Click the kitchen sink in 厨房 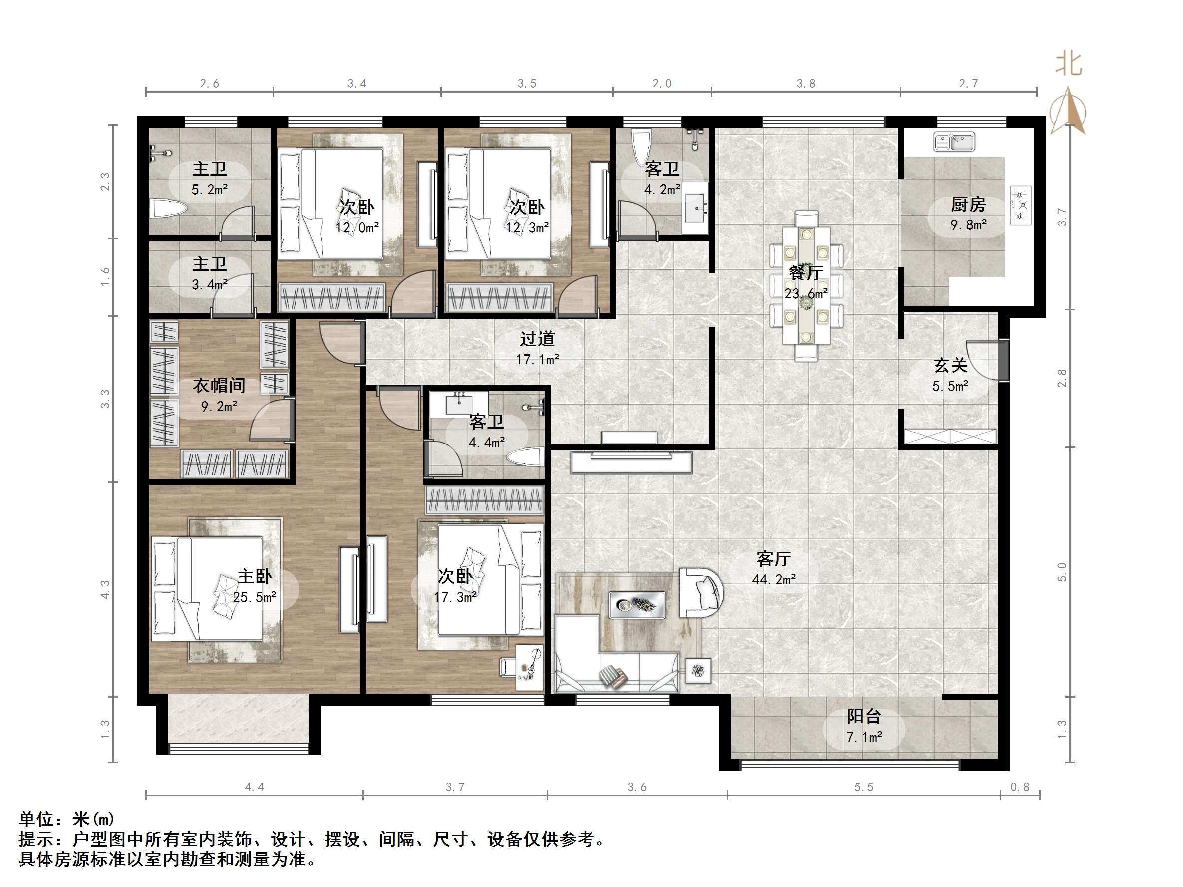954,142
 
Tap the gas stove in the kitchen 1020,205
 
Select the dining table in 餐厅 806,285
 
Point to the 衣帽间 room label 219,386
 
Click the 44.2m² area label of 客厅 773,579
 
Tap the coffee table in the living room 637,605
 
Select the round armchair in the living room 701,592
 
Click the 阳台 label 864,716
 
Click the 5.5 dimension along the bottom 863,787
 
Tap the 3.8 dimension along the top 806,83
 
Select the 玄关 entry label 950,365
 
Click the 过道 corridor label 538,338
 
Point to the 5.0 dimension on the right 1062,572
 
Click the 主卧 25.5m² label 255,586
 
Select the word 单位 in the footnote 37,819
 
